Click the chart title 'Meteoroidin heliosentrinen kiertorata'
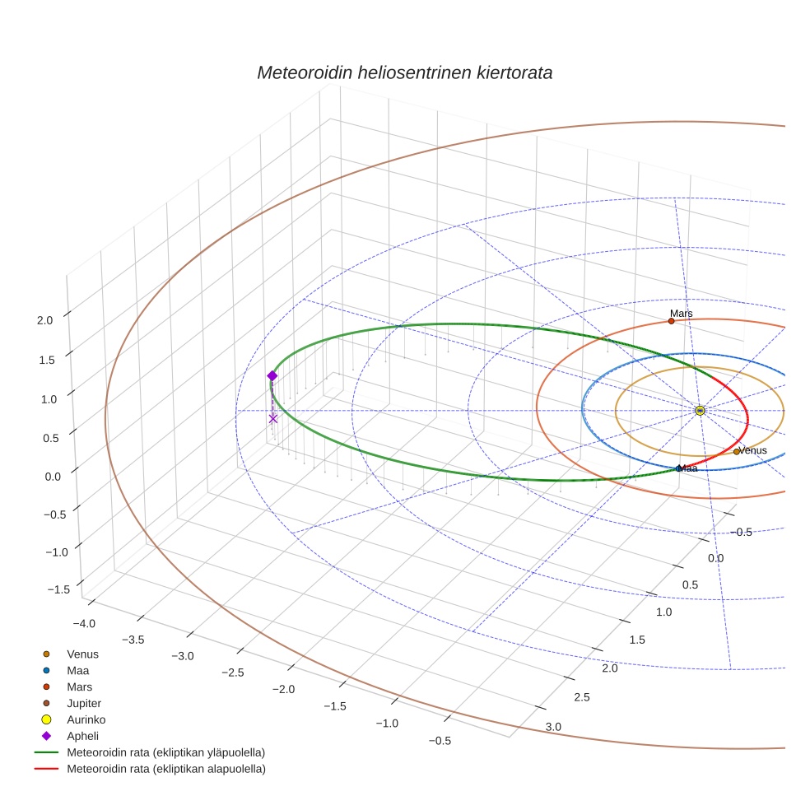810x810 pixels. pyautogui.click(x=404, y=72)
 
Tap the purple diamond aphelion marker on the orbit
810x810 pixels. pyautogui.click(x=272, y=375)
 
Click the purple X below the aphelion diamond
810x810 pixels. pyautogui.click(x=273, y=419)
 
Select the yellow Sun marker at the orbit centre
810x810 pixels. pyautogui.click(x=700, y=410)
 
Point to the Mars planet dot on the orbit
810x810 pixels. pyautogui.click(x=672, y=321)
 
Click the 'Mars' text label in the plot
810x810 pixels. pyautogui.click(x=681, y=314)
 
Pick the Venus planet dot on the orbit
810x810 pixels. pyautogui.click(x=737, y=451)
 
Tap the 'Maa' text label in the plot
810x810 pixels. pyautogui.click(x=688, y=468)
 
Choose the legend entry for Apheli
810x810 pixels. pyautogui.click(x=82, y=736)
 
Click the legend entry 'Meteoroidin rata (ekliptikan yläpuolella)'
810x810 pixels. pyautogui.click(x=165, y=752)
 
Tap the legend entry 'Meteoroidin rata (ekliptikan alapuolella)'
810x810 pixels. pyautogui.click(x=165, y=769)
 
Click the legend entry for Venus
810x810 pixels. pyautogui.click(x=82, y=654)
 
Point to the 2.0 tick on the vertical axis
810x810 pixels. pyautogui.click(x=46, y=320)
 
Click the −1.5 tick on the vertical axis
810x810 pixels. pyautogui.click(x=58, y=589)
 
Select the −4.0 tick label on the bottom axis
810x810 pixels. pyautogui.click(x=84, y=623)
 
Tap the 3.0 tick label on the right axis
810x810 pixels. pyautogui.click(x=553, y=726)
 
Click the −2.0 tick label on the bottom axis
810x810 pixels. pyautogui.click(x=285, y=688)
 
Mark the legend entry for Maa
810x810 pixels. pyautogui.click(x=78, y=670)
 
